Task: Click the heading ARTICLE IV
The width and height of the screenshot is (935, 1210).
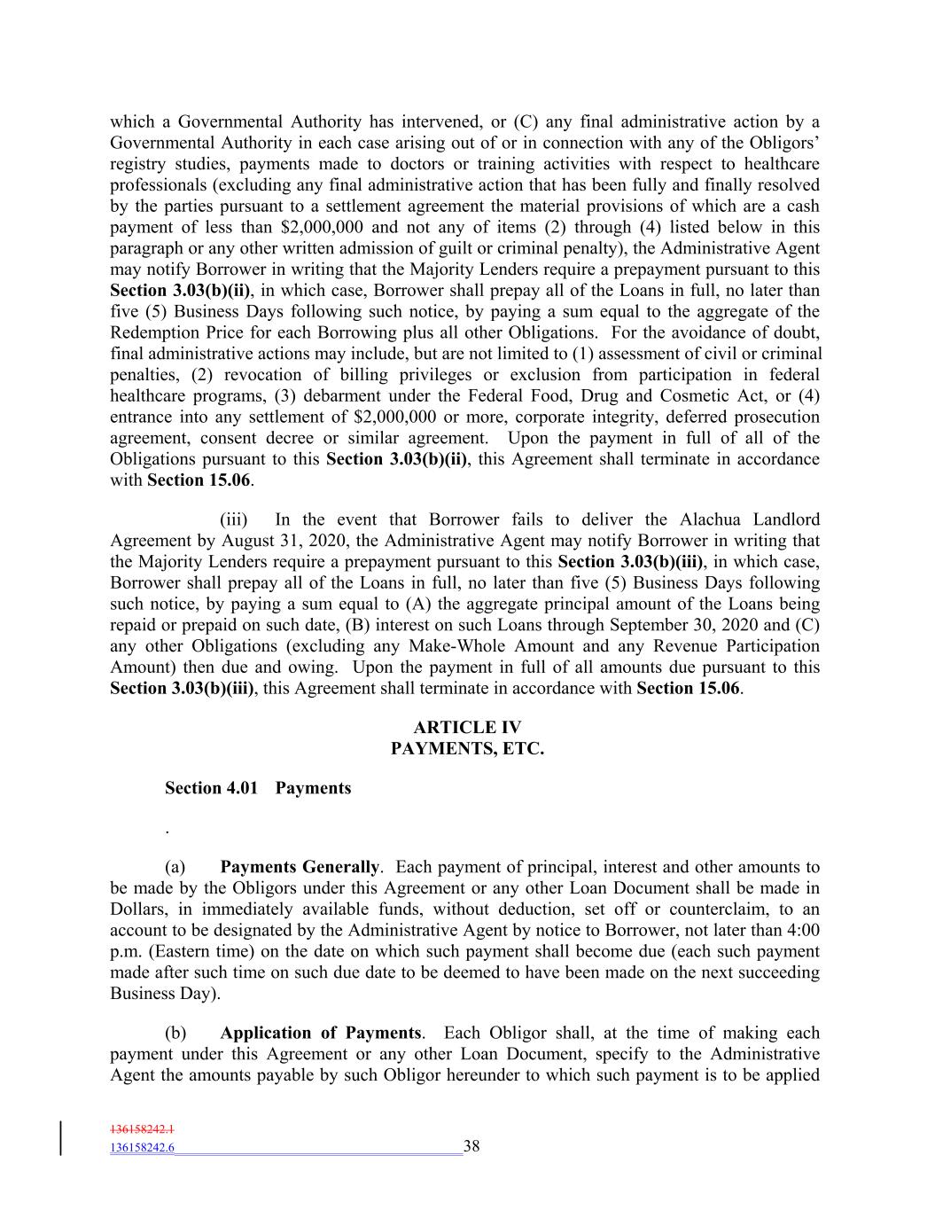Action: click(467, 728)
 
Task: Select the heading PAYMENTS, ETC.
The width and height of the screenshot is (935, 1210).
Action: click(467, 749)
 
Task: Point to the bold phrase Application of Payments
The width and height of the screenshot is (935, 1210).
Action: click(320, 1033)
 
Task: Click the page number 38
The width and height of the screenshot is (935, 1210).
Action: click(471, 1146)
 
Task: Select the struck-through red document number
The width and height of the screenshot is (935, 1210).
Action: click(142, 1129)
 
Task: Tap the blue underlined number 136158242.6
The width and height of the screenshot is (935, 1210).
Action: click(142, 1147)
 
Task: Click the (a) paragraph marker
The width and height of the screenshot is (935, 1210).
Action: click(175, 867)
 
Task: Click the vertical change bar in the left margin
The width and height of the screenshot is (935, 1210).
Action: click(61, 1138)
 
